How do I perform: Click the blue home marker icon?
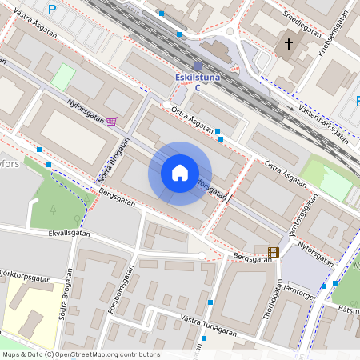(x=180, y=173)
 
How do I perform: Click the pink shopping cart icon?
(x=111, y=122)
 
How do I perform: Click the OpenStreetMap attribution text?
(x=81, y=354)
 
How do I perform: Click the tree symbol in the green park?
(x=53, y=210)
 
